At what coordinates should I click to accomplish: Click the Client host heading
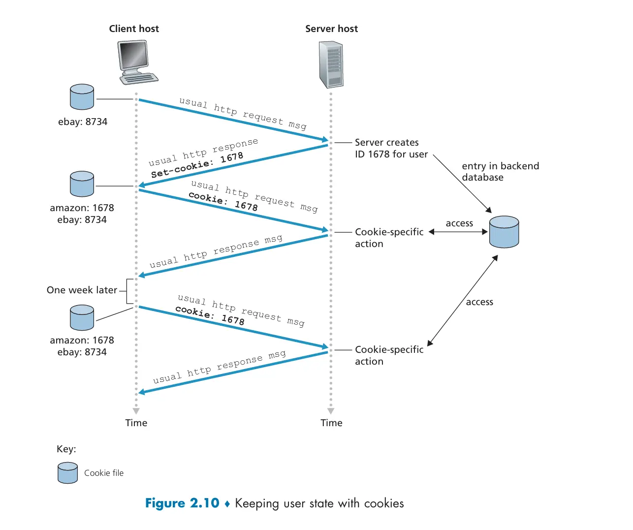134,29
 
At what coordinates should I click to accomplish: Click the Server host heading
331,29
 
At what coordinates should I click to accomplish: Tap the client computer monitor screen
133,55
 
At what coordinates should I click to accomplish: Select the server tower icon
331,64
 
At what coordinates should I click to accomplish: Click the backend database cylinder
504,231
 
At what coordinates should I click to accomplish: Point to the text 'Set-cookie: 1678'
197,164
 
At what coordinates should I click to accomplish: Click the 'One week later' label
82,290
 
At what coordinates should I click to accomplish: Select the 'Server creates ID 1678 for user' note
391,148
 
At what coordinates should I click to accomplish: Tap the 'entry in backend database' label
500,172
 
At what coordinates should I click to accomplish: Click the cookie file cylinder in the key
67,472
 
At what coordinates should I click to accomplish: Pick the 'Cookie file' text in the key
104,473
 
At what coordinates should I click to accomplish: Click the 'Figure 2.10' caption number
182,503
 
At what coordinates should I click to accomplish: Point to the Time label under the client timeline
136,422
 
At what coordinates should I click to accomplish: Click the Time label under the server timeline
331,422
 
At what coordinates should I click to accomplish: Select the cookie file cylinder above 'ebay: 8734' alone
82,96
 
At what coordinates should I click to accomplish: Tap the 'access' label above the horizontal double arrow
459,223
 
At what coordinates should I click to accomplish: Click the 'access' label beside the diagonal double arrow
479,302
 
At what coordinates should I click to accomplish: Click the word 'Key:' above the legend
66,448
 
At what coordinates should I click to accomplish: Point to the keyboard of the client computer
139,78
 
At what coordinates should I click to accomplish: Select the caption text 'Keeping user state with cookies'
319,503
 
